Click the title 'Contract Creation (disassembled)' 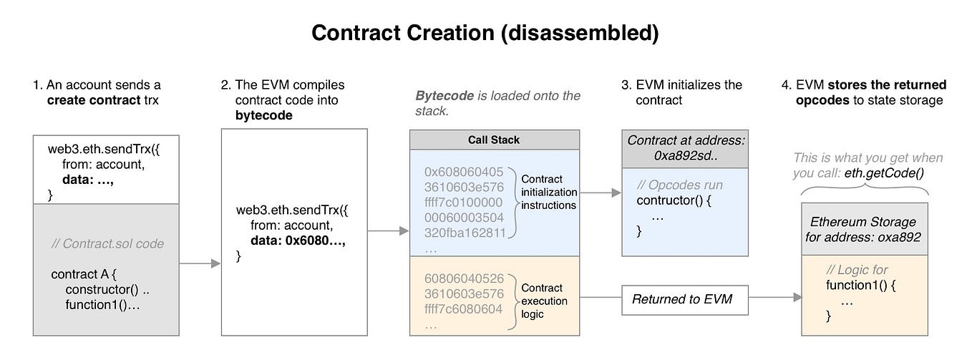click(x=485, y=33)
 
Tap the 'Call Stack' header click(x=494, y=140)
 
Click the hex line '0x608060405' click(x=464, y=172)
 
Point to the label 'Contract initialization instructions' click(x=548, y=192)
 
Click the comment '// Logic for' click(x=857, y=269)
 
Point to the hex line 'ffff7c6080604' click(x=464, y=308)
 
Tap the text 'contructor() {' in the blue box click(x=673, y=200)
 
